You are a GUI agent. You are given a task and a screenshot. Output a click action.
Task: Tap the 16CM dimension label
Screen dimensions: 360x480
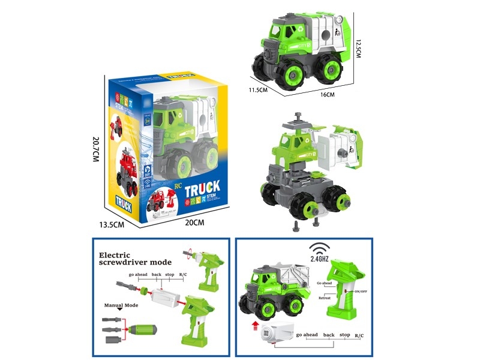click(x=327, y=95)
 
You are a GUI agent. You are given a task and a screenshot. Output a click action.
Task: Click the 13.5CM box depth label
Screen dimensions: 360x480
click(x=112, y=224)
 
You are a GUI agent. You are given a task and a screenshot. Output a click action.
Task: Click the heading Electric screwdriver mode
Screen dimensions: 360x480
click(x=135, y=258)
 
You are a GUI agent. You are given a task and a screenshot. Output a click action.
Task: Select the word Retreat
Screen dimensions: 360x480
click(x=324, y=296)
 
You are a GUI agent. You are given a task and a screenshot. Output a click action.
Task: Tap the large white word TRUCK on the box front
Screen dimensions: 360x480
click(x=202, y=189)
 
